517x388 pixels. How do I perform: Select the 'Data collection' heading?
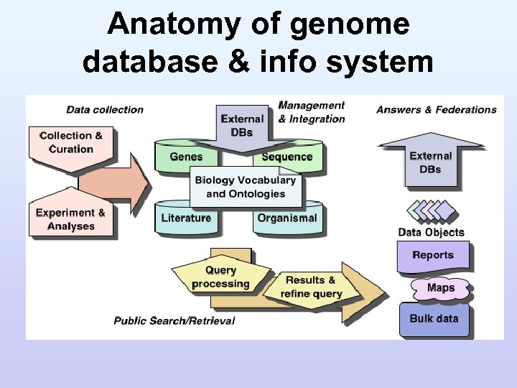pos(105,110)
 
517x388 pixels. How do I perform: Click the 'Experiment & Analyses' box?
pos(70,219)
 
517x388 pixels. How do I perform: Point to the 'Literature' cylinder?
pos(186,218)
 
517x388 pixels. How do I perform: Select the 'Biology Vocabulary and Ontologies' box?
pos(246,187)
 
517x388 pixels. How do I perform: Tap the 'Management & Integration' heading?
pos(312,112)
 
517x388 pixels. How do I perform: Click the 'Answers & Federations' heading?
pos(437,110)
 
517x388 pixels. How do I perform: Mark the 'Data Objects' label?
pos(431,232)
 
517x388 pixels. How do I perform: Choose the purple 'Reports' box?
pos(433,255)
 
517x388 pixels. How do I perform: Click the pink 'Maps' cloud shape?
pos(441,288)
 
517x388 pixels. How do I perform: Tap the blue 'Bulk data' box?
pos(434,318)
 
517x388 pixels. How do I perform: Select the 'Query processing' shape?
pos(220,277)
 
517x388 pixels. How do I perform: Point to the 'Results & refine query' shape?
pos(311,287)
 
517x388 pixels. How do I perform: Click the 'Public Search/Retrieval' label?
pos(174,320)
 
